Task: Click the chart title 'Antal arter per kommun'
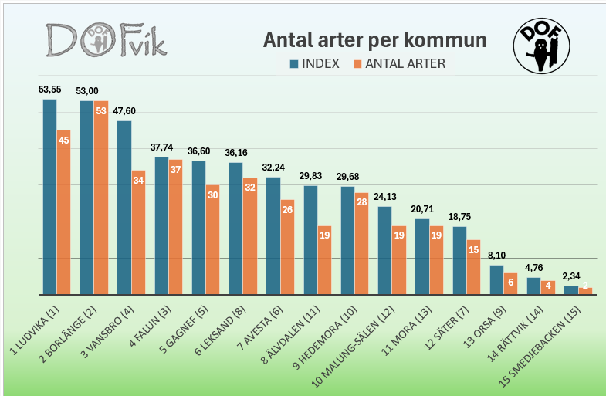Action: (x=375, y=40)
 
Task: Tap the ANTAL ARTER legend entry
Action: (x=399, y=63)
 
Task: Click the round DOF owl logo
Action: (x=541, y=46)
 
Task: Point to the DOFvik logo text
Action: (x=105, y=41)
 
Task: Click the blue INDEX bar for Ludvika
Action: (x=49, y=197)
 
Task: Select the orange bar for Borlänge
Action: (x=101, y=198)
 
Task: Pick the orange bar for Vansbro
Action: (x=138, y=232)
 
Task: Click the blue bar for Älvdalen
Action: (x=310, y=240)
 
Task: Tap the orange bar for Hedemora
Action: (x=361, y=244)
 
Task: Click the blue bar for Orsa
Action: (x=496, y=279)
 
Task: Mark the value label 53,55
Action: (x=50, y=90)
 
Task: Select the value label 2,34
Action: (x=571, y=276)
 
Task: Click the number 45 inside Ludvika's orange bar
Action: (x=63, y=140)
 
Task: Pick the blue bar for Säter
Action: (x=459, y=260)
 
